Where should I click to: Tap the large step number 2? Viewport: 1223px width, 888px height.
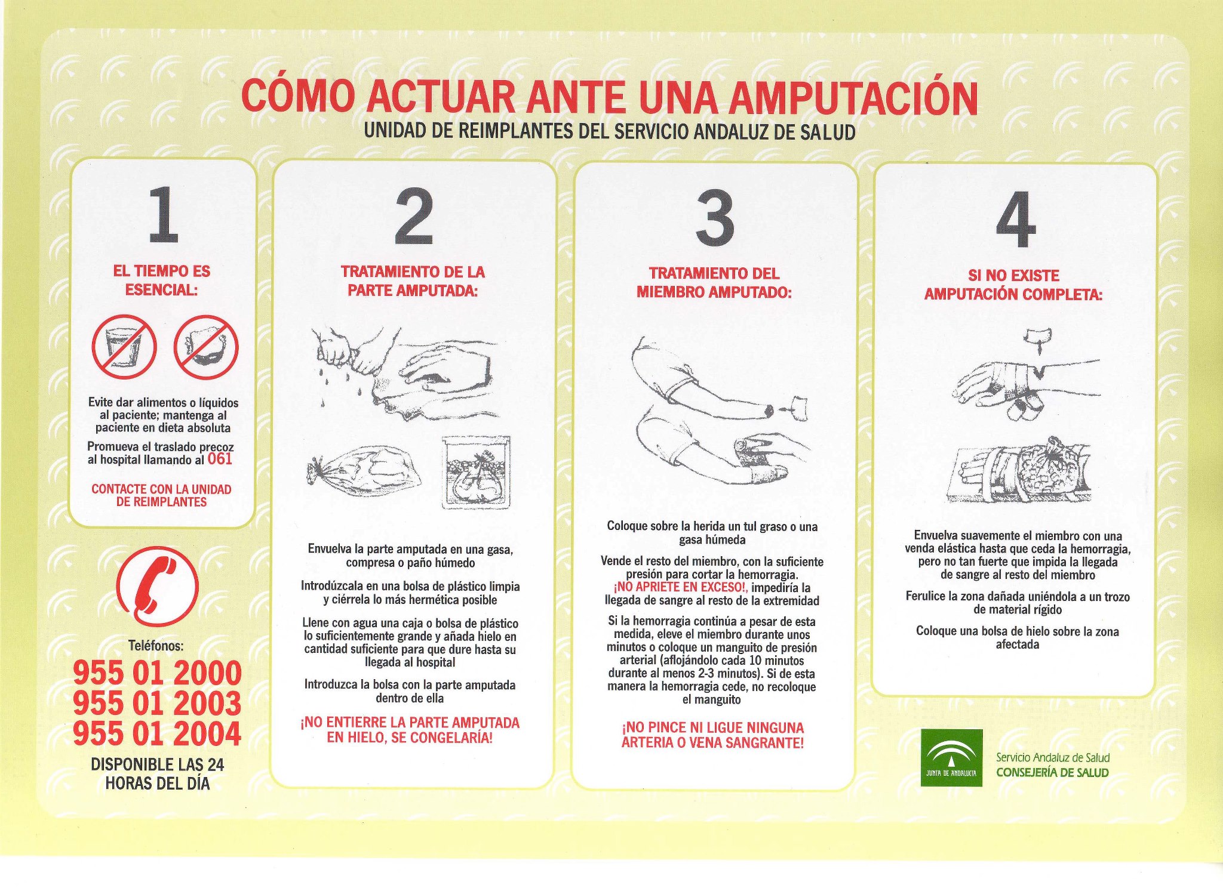(413, 215)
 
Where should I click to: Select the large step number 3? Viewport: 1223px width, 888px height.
(715, 217)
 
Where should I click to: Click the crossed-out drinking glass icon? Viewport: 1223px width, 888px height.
(124, 347)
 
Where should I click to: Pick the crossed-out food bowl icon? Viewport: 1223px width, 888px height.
(206, 347)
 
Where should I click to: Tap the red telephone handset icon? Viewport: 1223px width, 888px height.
(157, 586)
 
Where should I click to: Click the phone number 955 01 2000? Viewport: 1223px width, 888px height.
(158, 673)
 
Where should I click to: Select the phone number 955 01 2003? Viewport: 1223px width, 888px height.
(158, 703)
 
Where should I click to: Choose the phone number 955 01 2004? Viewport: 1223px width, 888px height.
(158, 733)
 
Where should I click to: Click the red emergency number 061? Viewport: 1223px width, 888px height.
(220, 459)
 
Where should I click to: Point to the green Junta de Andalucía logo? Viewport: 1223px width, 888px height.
(951, 757)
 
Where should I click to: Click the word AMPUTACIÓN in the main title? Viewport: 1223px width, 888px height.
(853, 98)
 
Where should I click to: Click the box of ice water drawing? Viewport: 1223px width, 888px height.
(477, 472)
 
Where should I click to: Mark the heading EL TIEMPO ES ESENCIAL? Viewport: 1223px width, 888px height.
(162, 280)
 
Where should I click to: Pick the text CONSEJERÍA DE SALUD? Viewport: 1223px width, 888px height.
(1052, 772)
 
